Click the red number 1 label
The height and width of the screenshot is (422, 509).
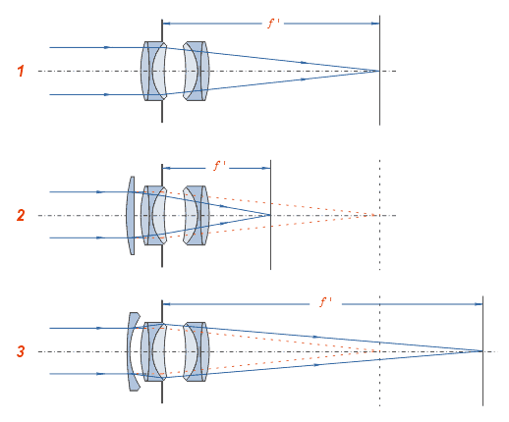click(21, 71)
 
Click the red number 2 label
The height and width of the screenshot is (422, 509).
click(21, 215)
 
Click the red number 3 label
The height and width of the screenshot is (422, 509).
click(21, 351)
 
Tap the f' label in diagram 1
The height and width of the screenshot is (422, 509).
click(273, 24)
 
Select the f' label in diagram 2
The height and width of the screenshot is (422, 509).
click(220, 166)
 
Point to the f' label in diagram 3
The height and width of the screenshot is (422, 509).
click(325, 302)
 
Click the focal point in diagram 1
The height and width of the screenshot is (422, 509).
click(379, 71)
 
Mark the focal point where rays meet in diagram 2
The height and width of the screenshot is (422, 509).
click(270, 215)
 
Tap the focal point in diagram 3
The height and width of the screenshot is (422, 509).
click(482, 351)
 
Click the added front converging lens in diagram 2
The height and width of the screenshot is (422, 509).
click(131, 215)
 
